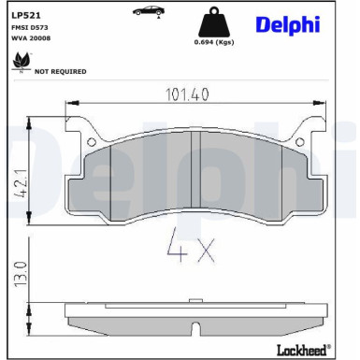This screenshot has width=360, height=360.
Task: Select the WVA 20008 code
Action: tap(32, 40)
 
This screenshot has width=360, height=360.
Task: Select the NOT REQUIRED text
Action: tap(60, 71)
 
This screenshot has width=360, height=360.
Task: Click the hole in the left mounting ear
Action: tap(94, 140)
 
